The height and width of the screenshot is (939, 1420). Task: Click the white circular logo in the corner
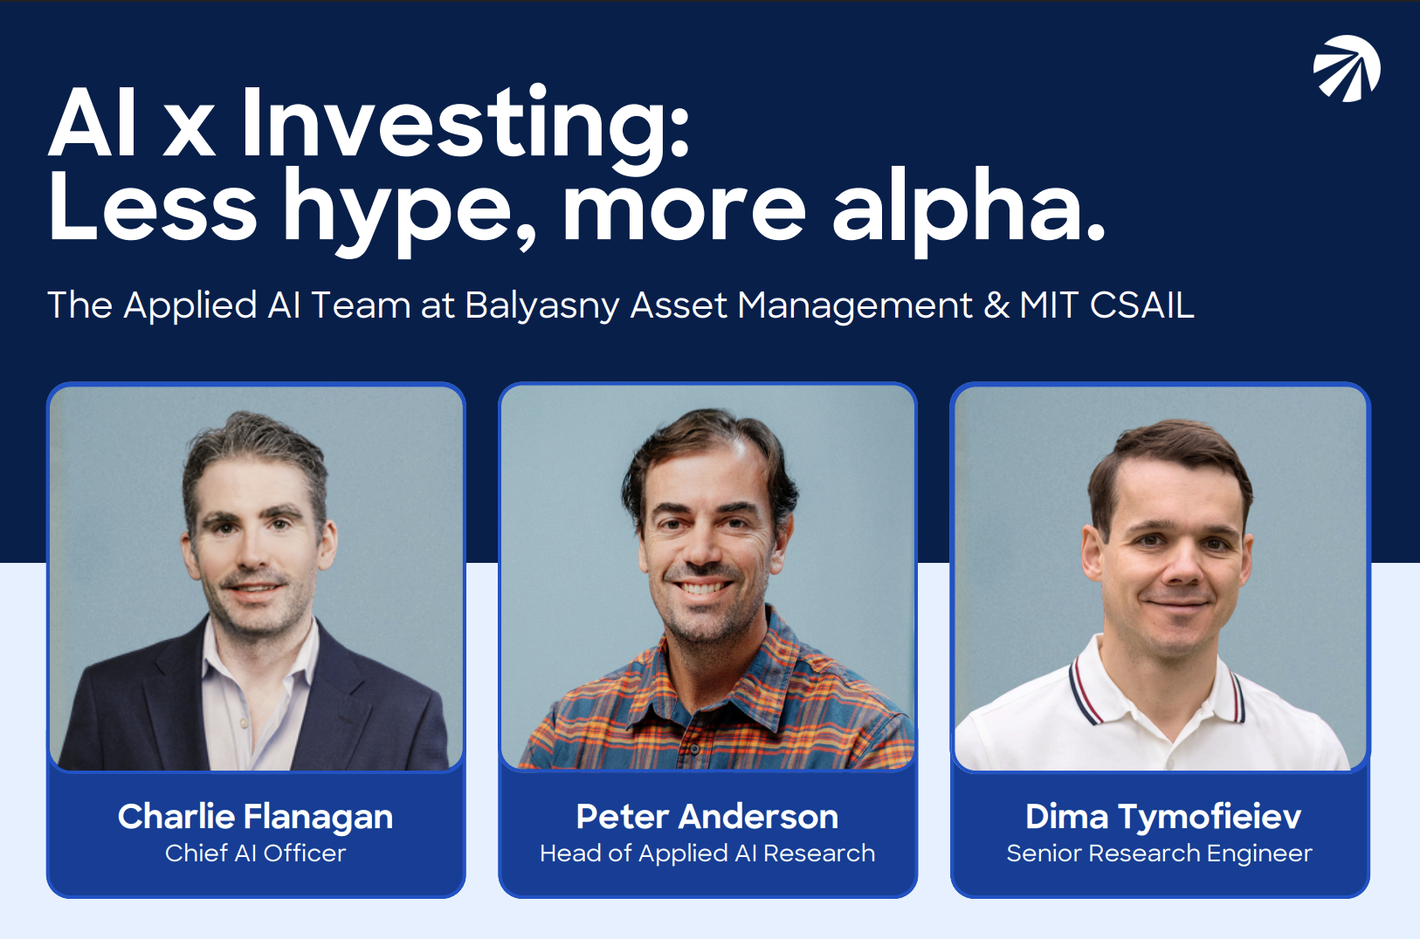pos(1347,68)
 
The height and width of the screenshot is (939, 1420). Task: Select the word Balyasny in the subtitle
pos(542,306)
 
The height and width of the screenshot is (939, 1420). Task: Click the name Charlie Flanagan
pos(256,818)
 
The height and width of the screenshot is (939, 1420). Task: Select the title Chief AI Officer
pos(256,853)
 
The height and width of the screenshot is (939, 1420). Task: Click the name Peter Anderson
pos(707,817)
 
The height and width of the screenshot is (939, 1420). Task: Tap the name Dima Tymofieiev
pos(1163,818)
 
